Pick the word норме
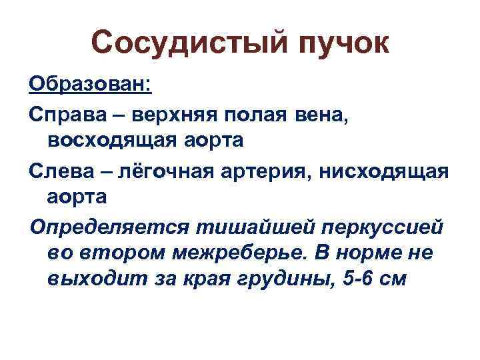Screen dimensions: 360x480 (x=381, y=253)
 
